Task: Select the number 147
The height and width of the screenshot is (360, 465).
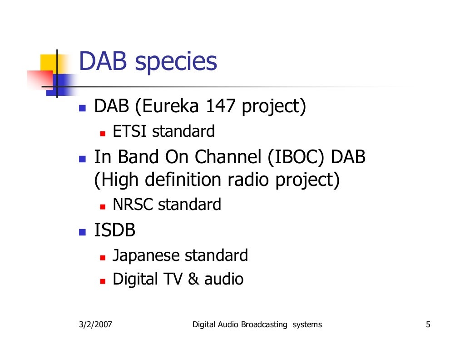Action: (x=221, y=107)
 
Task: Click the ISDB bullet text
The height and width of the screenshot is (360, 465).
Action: (x=114, y=230)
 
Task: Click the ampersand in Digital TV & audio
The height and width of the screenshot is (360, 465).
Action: (x=193, y=279)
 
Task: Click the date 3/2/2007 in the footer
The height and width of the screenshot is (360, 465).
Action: (x=94, y=325)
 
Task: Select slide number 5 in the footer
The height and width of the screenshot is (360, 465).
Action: (x=428, y=325)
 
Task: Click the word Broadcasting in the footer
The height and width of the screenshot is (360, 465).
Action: (x=264, y=325)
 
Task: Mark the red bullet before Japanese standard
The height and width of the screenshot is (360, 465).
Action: (x=103, y=258)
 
